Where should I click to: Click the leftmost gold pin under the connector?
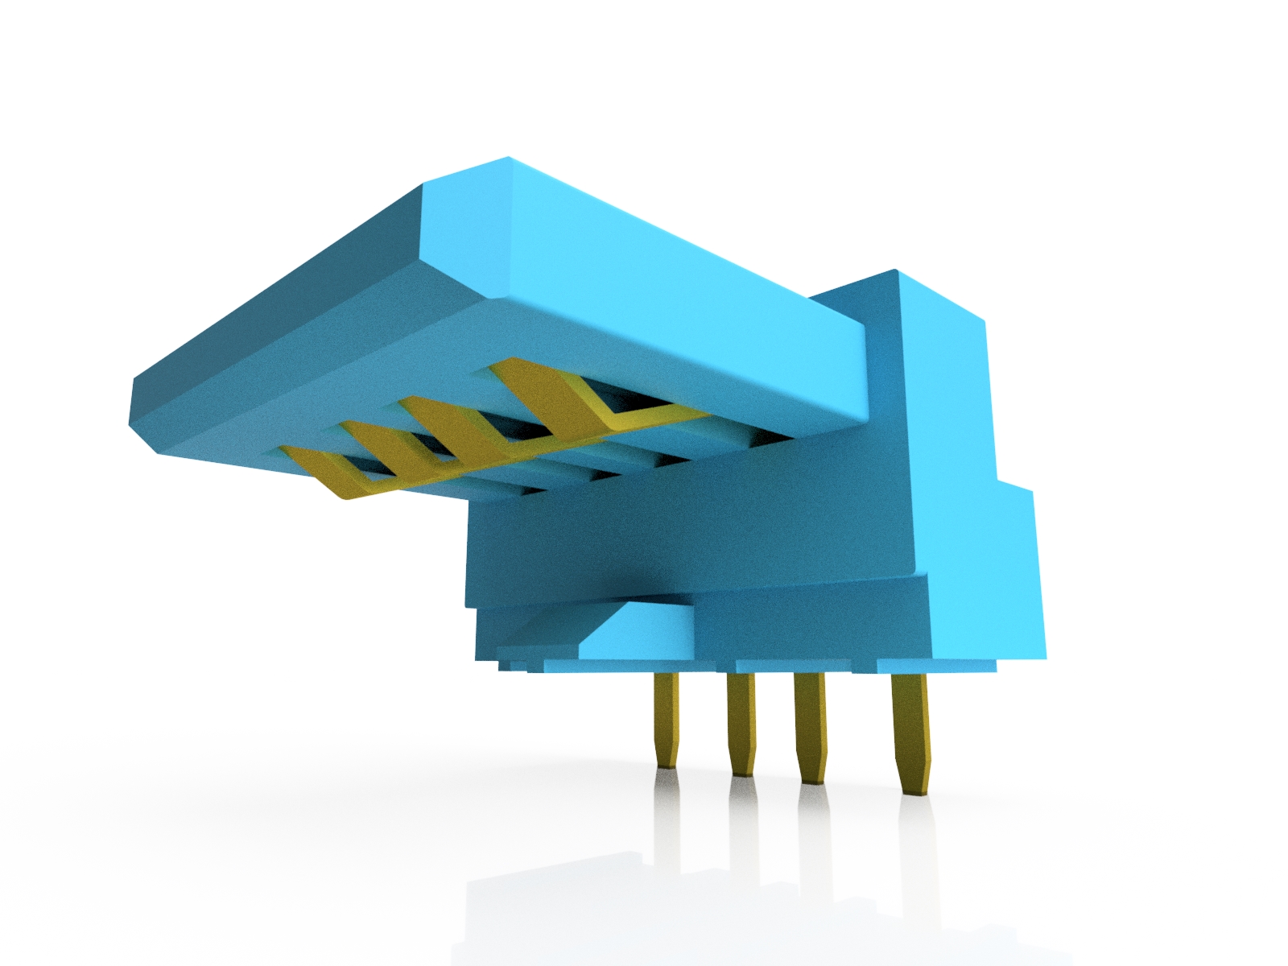pyautogui.click(x=666, y=716)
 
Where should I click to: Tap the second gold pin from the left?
pyautogui.click(x=740, y=720)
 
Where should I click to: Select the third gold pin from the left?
pyautogui.click(x=810, y=724)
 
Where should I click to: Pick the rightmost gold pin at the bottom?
pyautogui.click(x=910, y=729)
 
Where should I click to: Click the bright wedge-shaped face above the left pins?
pyautogui.click(x=636, y=632)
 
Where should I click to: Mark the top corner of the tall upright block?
pyautogui.click(x=895, y=272)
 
